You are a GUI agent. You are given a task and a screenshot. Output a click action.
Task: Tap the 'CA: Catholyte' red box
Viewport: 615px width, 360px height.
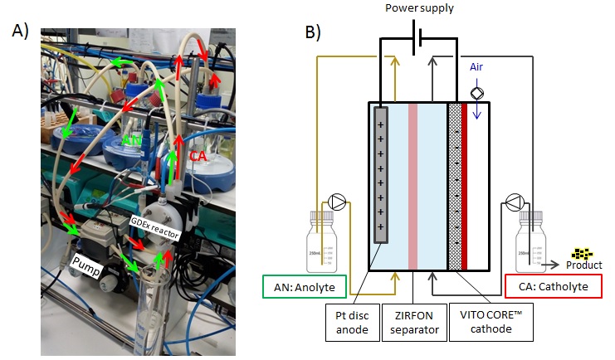[x=553, y=288]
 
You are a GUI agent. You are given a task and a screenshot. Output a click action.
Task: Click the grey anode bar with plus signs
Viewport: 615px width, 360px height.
[x=381, y=174]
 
